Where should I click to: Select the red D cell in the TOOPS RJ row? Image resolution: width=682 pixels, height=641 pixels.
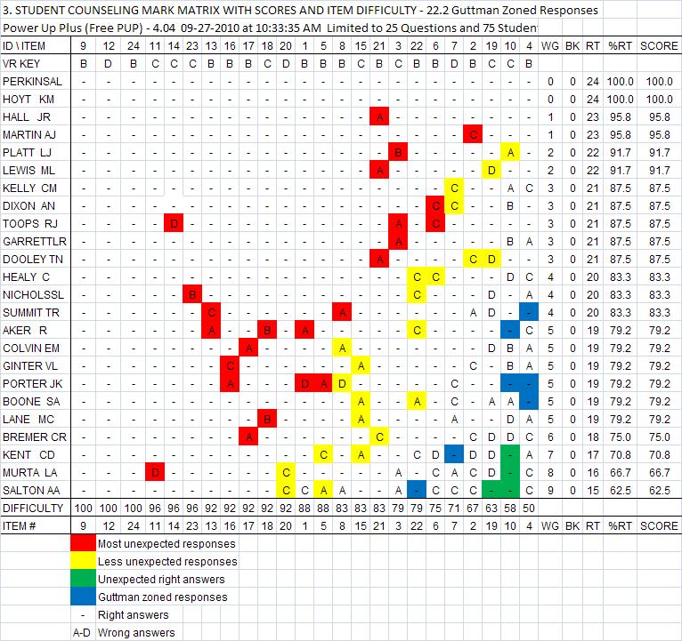click(x=175, y=223)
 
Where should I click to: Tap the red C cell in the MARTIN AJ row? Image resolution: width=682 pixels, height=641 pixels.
click(x=474, y=134)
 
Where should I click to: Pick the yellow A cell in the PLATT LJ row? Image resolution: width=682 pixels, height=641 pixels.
click(x=510, y=152)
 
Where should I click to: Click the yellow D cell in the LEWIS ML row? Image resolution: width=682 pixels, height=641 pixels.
click(x=491, y=170)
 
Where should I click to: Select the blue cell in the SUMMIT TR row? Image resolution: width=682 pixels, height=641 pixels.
click(x=529, y=312)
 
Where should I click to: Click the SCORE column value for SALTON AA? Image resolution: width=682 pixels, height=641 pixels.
click(x=659, y=490)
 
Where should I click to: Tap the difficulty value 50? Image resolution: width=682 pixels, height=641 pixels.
click(x=529, y=508)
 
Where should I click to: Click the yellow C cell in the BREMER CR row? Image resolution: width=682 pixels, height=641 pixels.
click(x=381, y=437)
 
